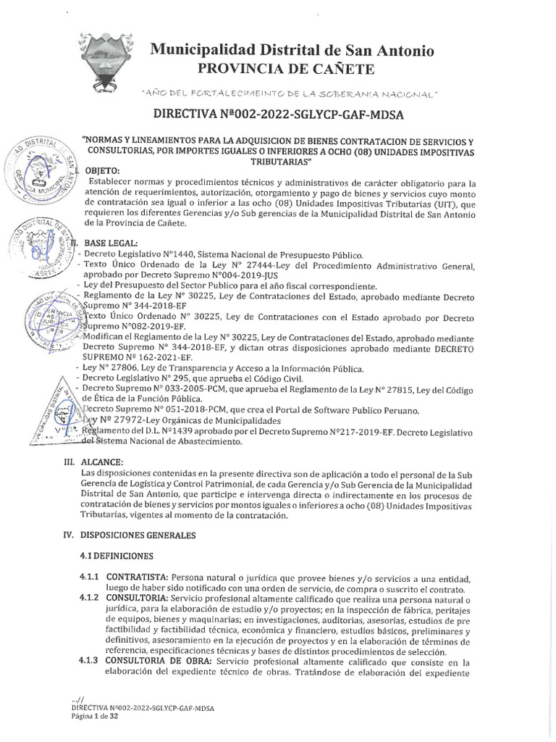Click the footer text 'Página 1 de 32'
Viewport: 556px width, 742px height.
[x=85, y=715]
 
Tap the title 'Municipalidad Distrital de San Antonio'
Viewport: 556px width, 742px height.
[x=292, y=51]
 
